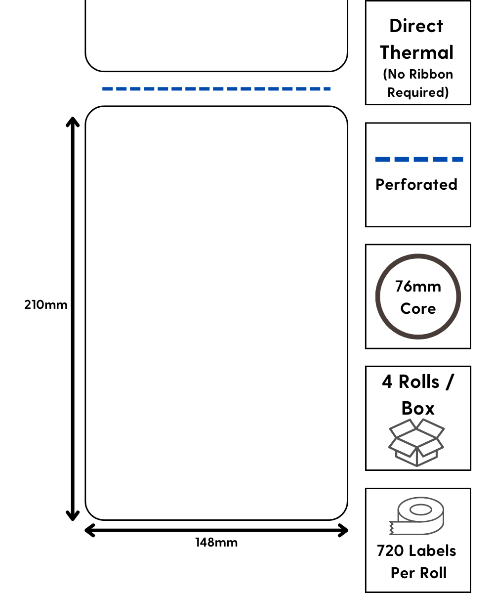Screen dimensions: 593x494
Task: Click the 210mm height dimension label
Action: pos(45,304)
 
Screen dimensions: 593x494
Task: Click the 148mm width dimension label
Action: pos(216,542)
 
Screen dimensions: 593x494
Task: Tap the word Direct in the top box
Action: pos(416,26)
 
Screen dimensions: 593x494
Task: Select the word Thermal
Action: pos(417,52)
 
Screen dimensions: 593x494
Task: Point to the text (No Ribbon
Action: pos(418,74)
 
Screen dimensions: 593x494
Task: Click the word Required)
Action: pos(418,92)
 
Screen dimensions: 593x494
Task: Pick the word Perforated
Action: pos(416,184)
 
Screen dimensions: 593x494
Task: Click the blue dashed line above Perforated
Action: pos(419,159)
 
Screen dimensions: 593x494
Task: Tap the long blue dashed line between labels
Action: pos(216,89)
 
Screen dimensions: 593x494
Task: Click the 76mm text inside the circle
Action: pos(418,287)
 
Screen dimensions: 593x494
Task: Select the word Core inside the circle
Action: pos(418,309)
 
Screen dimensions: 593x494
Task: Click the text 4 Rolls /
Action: pos(417,382)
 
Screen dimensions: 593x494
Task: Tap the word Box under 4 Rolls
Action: pos(418,408)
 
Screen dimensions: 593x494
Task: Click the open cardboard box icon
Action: pos(416,442)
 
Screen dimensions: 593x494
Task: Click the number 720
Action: pos(390,551)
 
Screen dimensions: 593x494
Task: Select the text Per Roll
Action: pos(418,573)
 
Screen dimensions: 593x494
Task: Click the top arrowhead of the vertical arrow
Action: pos(73,122)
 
